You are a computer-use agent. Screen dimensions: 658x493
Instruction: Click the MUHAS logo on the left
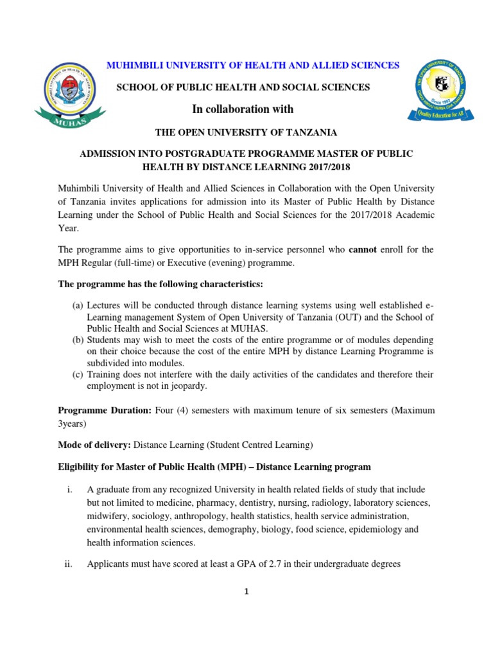tap(68, 94)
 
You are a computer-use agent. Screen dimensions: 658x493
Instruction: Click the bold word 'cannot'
tap(363, 249)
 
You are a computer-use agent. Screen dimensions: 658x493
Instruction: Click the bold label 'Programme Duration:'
tap(105, 410)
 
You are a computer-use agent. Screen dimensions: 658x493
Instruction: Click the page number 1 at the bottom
tap(246, 592)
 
